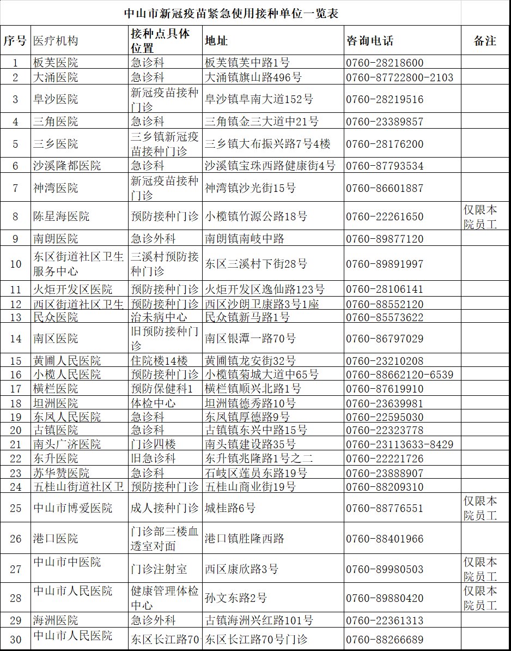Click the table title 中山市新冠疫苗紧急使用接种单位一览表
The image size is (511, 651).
pyautogui.click(x=232, y=13)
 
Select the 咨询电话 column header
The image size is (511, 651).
pyautogui.click(x=369, y=41)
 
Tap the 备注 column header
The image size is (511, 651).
pyautogui.click(x=485, y=41)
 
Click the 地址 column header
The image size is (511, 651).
pyautogui.click(x=216, y=41)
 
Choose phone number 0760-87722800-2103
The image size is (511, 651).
pyautogui.click(x=399, y=77)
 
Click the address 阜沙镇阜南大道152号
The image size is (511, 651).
pyautogui.click(x=259, y=99)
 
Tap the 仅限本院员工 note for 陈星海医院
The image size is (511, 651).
pyautogui.click(x=480, y=216)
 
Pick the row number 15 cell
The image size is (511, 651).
pyautogui.click(x=16, y=361)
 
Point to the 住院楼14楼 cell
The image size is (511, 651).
pyautogui.click(x=159, y=361)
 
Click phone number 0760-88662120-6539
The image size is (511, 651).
pyautogui.click(x=399, y=375)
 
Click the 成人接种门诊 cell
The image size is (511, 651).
pyautogui.click(x=165, y=508)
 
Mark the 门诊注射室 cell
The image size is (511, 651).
pyautogui.click(x=159, y=569)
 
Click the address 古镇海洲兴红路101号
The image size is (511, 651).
pyautogui.click(x=259, y=620)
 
